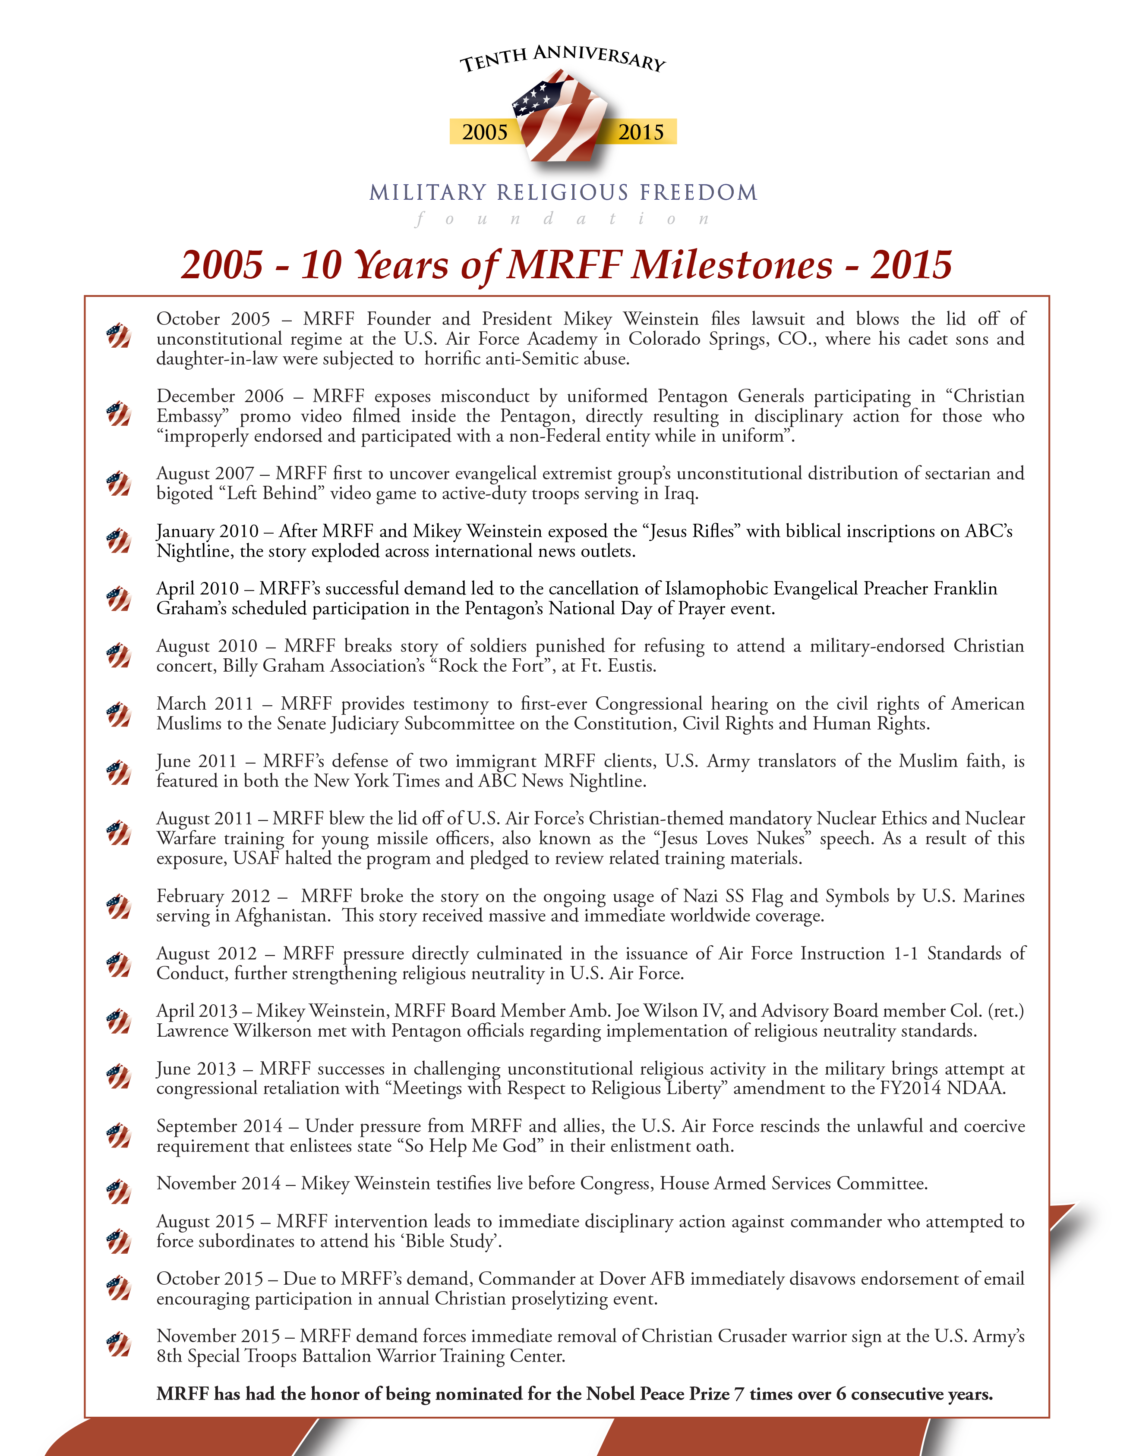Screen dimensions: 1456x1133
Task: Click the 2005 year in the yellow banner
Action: click(x=485, y=132)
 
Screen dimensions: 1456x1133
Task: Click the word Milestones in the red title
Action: click(x=732, y=264)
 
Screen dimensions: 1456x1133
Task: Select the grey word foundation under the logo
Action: click(x=562, y=219)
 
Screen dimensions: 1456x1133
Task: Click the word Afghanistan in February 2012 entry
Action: click(x=282, y=916)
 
